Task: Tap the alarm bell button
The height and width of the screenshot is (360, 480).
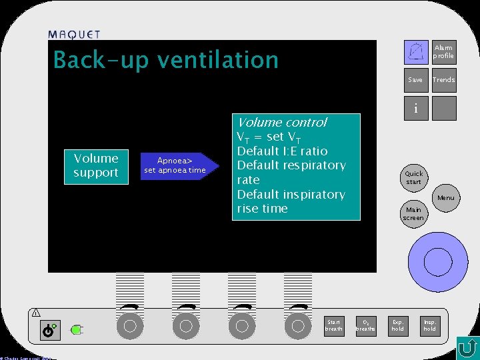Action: click(417, 51)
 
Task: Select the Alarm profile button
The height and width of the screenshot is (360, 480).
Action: click(443, 51)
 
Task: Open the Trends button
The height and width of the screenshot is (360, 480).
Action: click(443, 80)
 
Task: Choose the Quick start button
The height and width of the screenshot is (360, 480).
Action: click(413, 177)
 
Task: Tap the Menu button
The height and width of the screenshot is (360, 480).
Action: click(445, 197)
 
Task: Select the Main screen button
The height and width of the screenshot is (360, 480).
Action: click(413, 214)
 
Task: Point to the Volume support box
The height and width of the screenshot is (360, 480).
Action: click(96, 165)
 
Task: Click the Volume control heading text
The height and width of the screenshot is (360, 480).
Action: click(282, 122)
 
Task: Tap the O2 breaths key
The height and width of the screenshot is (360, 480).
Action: click(365, 325)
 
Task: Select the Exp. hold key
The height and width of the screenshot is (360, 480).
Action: click(398, 325)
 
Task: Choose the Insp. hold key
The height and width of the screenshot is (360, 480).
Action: click(430, 325)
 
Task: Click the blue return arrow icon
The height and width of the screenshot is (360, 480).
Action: click(467, 347)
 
